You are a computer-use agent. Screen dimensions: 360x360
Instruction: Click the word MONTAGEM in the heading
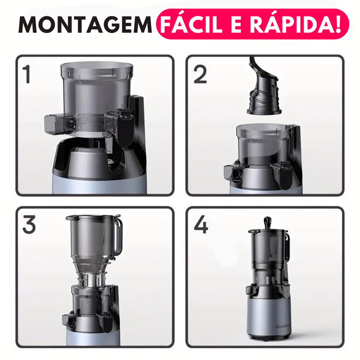click(85, 26)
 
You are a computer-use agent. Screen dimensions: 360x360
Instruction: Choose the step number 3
click(29, 225)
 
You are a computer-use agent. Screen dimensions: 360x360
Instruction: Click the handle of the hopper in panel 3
click(116, 236)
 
